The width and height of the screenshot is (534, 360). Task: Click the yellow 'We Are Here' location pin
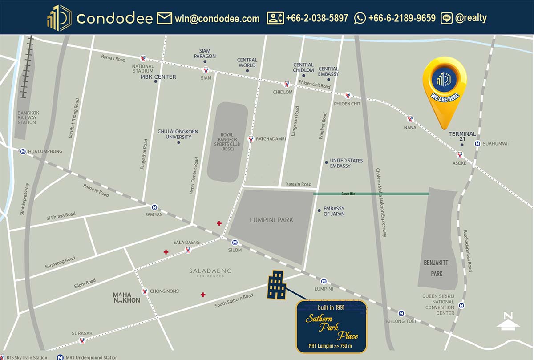tap(445, 89)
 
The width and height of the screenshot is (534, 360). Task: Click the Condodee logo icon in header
tap(59, 18)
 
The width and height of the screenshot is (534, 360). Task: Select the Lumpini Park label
tap(271, 220)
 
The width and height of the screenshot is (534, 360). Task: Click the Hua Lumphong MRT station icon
tap(22, 151)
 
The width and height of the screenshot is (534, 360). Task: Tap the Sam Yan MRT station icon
tap(154, 207)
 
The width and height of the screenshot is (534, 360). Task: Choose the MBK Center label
tap(158, 77)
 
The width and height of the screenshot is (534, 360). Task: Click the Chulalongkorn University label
tap(178, 134)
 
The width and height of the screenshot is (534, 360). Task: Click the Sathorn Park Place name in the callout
tap(332, 327)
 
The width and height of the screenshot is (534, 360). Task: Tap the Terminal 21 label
tap(462, 137)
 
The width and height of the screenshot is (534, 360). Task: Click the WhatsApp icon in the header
tap(360, 18)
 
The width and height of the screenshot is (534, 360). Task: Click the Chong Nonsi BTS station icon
tap(145, 291)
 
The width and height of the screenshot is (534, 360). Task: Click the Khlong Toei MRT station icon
tap(401, 313)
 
